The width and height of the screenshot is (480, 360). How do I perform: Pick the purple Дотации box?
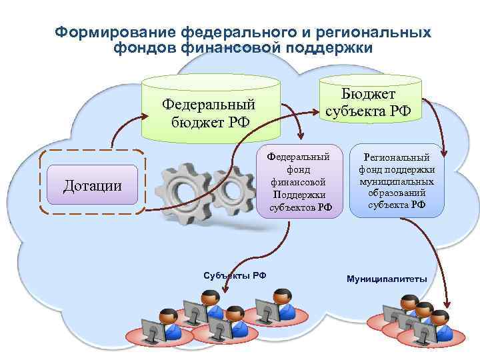coord(93,183)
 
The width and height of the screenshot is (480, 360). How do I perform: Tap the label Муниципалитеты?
coord(387,278)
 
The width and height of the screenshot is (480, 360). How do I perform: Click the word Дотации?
coord(93,185)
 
